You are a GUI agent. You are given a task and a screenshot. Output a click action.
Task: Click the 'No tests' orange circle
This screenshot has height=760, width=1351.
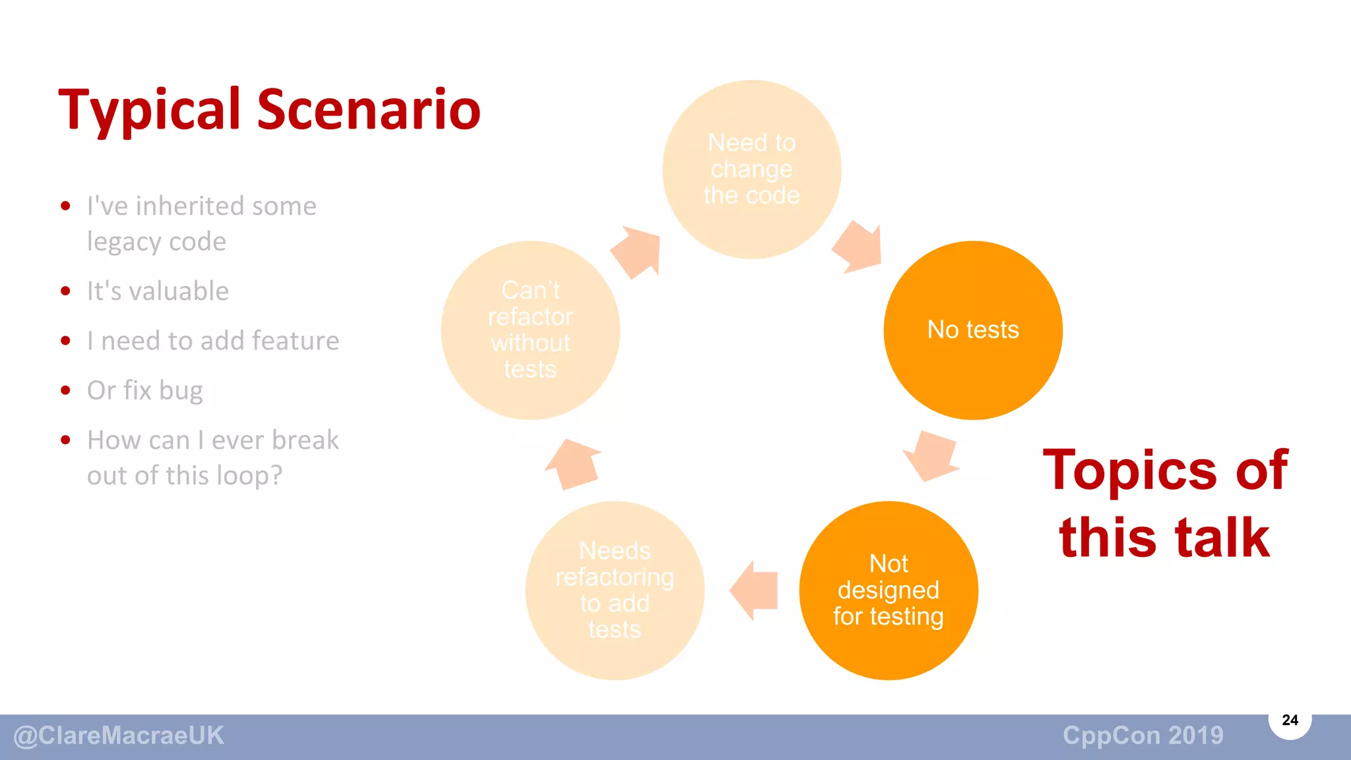(973, 330)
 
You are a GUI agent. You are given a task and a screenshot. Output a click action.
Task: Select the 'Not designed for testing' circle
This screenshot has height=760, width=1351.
(889, 590)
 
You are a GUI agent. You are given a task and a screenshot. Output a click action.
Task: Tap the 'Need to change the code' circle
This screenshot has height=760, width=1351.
(752, 170)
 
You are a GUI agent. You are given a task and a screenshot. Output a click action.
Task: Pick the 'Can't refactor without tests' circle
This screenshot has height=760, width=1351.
(530, 330)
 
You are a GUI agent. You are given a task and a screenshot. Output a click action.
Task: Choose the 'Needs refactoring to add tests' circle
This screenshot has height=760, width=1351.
(615, 590)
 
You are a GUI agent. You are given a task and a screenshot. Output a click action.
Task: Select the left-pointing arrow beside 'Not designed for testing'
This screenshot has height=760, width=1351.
(756, 590)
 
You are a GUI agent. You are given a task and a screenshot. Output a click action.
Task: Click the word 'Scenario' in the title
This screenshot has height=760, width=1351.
(369, 110)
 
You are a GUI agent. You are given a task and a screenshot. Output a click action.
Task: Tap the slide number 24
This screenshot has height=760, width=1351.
(1290, 720)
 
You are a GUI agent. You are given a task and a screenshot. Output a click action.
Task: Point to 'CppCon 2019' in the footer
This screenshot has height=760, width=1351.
(1143, 736)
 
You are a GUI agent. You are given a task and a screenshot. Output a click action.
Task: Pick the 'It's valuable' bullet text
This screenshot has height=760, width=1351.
(158, 291)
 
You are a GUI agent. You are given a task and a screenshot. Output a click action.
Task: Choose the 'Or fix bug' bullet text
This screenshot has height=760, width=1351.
(145, 391)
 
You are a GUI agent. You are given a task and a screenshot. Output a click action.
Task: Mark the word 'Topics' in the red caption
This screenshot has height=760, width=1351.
(1129, 470)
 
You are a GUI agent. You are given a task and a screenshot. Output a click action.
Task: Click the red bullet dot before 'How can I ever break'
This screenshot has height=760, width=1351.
(65, 440)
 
